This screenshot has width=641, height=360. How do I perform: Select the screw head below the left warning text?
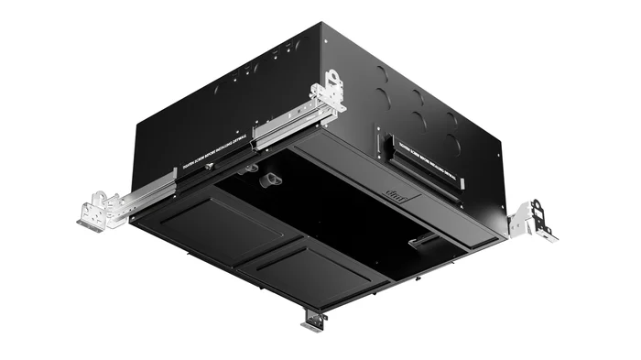click(210, 167)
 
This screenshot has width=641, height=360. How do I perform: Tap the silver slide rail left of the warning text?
click(147, 195)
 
